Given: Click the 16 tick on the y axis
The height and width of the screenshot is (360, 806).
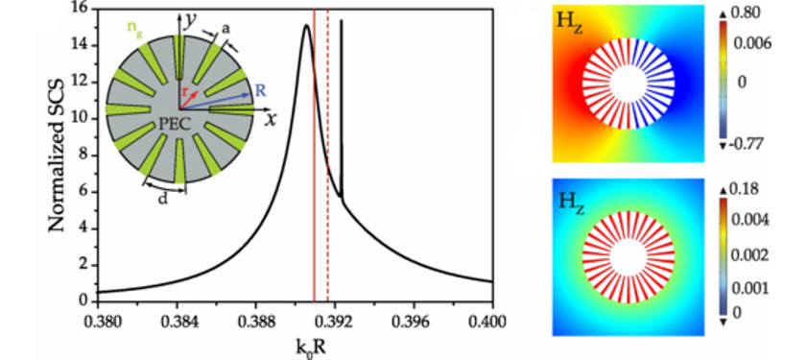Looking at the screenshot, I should pos(81,9).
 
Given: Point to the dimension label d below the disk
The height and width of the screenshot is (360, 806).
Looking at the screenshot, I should pos(163,199).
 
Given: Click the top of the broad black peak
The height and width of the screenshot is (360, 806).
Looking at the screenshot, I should pos(306,26).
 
